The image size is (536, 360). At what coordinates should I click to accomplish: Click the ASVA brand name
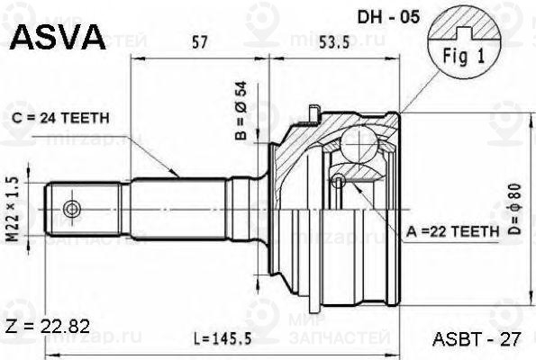[x=59, y=37]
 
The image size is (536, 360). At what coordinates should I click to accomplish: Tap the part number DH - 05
[x=388, y=17]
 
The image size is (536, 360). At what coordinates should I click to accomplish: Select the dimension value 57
[x=200, y=42]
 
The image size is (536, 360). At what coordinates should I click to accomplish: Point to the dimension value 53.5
[x=334, y=42]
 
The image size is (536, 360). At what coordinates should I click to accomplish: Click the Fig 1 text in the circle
[x=464, y=56]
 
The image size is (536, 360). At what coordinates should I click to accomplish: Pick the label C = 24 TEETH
[x=60, y=118]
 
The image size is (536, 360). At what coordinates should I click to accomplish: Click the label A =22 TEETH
[x=452, y=232]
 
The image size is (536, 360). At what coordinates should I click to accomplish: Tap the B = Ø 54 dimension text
[x=241, y=111]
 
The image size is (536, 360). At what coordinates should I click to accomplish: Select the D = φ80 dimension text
[x=515, y=209]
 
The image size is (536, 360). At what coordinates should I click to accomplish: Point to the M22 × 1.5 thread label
[x=14, y=212]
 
